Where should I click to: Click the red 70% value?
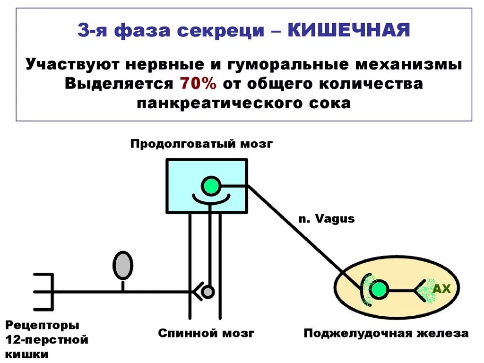pos(198,84)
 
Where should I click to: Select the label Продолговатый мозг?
pos(202,144)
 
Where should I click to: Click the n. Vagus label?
pos(326,219)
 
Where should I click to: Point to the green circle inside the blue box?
pos(210,186)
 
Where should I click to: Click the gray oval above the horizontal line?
pos(123,265)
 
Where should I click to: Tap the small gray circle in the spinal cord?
pos(207,292)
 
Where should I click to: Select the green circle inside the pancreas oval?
pos(378,289)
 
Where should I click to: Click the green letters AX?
pos(442,289)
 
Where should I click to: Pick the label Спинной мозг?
pos(206,333)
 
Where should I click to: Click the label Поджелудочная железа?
pos(386,333)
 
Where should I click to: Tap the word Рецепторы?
pos(42,325)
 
